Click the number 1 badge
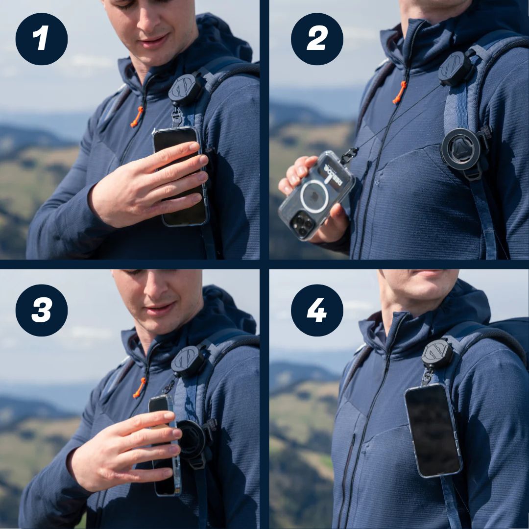[x=42, y=39]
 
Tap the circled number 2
[x=317, y=39]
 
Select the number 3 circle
[x=42, y=310]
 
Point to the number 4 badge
[x=317, y=310]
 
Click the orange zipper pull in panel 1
[x=137, y=117]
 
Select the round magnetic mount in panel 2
[x=461, y=149]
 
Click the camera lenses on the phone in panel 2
[x=302, y=224]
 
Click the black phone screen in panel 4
[x=433, y=430]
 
